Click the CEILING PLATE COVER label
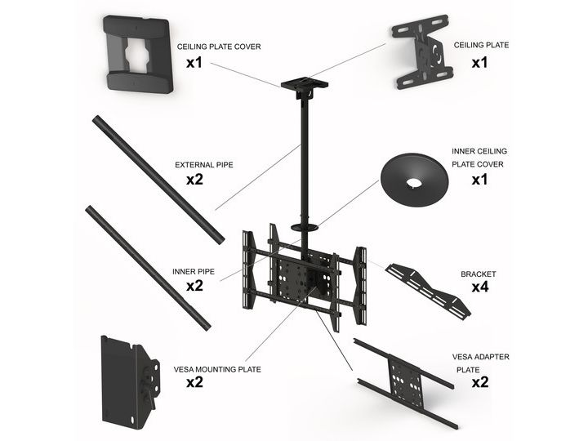coord(219,47)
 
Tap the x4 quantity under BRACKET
coord(480,287)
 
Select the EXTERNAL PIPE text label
coord(204,165)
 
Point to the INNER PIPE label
coord(194,271)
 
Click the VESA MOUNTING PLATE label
coord(217,369)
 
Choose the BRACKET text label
coord(479,274)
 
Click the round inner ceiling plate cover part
coord(414,180)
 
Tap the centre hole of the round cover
coord(413,184)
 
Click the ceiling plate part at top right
coord(422,51)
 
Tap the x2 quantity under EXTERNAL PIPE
coord(194,180)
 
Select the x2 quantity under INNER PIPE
coord(194,286)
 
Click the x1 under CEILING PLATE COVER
coord(194,63)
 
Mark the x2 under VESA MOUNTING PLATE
coord(194,382)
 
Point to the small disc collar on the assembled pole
coord(305,227)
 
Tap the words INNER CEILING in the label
coord(479,152)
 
